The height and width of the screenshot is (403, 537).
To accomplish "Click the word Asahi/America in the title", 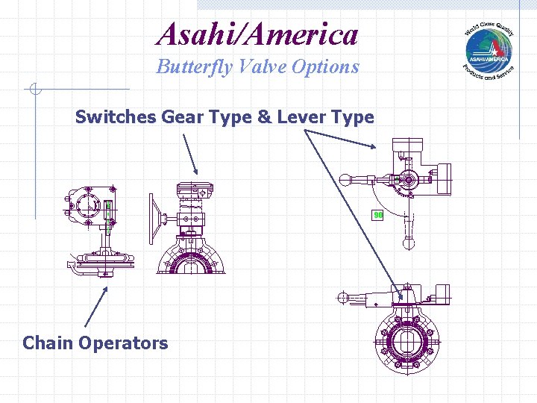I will click(257, 34).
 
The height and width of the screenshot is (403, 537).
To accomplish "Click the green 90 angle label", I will click(378, 216).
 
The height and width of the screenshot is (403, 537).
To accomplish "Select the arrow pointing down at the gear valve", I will click(190, 154).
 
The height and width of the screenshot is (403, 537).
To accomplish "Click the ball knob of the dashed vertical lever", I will click(408, 243).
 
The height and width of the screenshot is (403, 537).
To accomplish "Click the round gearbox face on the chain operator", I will click(88, 203).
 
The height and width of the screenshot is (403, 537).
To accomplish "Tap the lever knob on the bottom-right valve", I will click(342, 297).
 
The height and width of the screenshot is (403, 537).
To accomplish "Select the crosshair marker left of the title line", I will click(34, 90).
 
